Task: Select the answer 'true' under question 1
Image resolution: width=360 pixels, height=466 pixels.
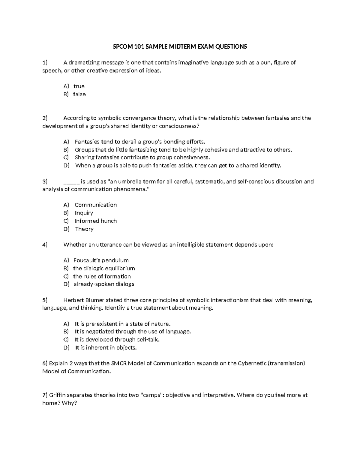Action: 79,86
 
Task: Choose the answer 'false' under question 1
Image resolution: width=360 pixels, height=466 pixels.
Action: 79,94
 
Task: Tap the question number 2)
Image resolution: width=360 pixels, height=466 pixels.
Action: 45,118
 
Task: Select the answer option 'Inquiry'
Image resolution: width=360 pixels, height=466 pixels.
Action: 84,213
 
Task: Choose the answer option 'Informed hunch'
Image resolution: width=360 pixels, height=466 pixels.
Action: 96,221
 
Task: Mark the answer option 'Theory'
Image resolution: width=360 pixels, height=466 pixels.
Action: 84,229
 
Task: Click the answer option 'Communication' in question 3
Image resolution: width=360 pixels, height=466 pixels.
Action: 96,205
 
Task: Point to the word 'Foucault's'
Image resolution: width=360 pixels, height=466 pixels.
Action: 87,260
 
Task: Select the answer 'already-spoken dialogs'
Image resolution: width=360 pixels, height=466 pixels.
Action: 104,284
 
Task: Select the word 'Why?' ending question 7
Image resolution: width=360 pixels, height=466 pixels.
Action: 70,403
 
